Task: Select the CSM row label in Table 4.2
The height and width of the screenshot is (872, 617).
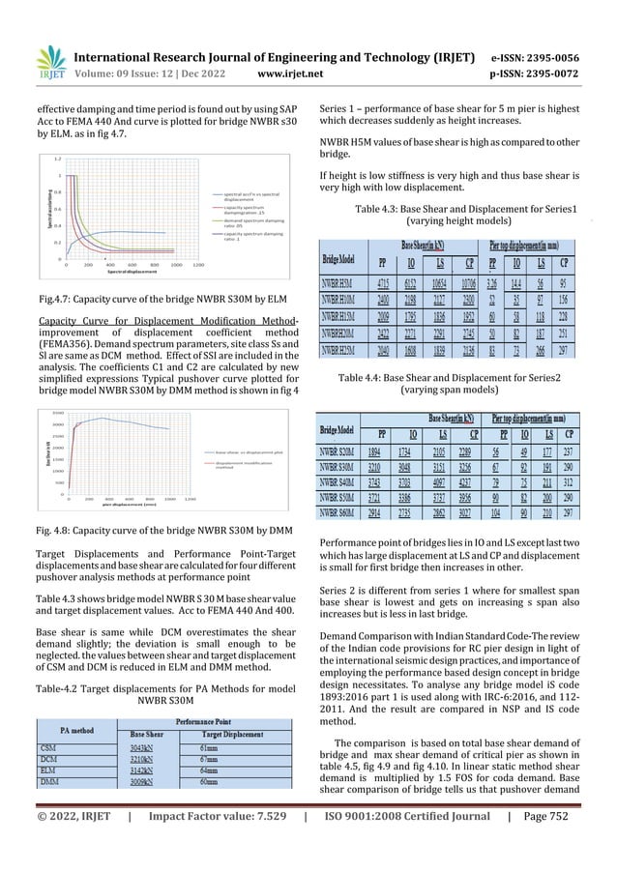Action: (54, 747)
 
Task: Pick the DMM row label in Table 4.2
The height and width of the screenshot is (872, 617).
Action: (55, 789)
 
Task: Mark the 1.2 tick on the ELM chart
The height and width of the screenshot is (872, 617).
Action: (59, 158)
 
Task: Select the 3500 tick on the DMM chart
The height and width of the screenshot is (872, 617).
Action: (58, 413)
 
